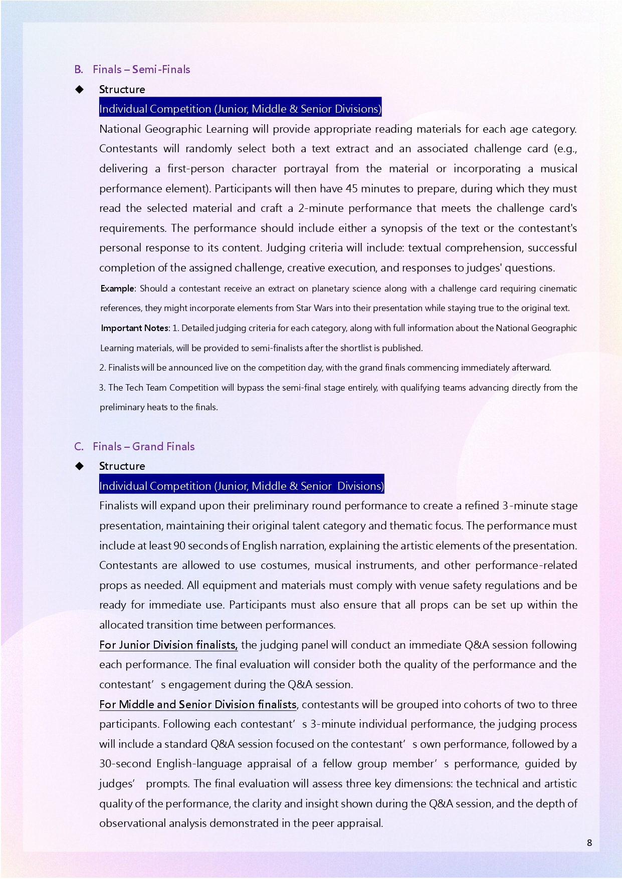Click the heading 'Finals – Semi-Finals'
(x=141, y=70)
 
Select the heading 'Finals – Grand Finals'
(x=143, y=447)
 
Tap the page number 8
(x=589, y=842)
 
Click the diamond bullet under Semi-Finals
(x=79, y=90)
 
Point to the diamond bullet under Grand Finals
(x=79, y=466)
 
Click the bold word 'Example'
(x=117, y=288)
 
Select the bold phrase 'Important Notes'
(x=135, y=328)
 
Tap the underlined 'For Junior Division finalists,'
(x=168, y=645)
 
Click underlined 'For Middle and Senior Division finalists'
(x=198, y=705)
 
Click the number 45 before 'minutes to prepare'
(x=352, y=189)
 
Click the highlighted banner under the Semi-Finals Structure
(x=240, y=109)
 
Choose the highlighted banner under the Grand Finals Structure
(x=242, y=486)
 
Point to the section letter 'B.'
(x=79, y=70)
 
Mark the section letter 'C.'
(x=79, y=447)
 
